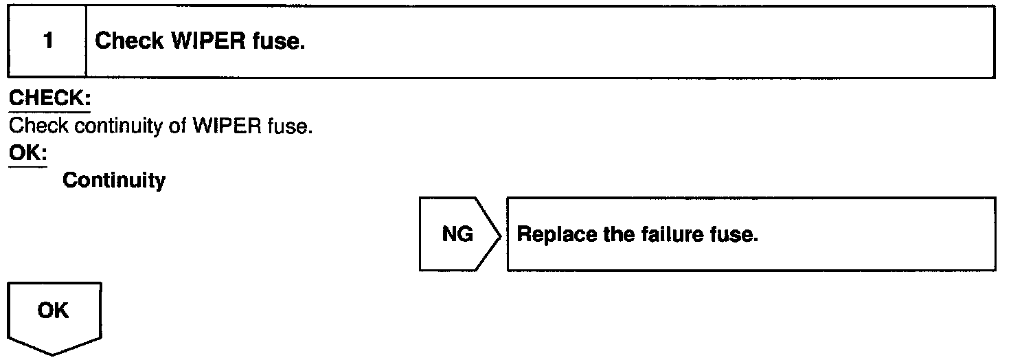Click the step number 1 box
pos(47,42)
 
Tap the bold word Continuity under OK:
pos(114,181)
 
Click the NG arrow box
pos(457,234)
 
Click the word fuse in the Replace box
pos(737,234)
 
